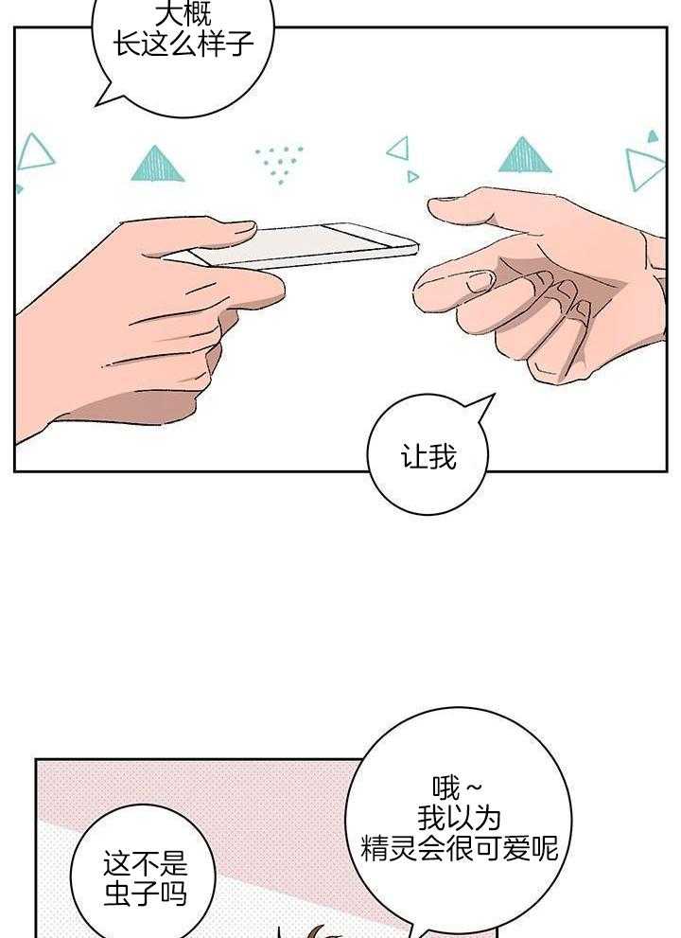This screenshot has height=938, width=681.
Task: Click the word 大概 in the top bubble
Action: [x=183, y=14]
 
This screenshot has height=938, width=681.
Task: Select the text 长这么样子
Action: [x=183, y=44]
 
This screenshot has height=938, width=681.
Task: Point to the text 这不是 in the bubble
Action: [x=146, y=864]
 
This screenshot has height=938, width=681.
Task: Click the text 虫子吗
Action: [x=146, y=894]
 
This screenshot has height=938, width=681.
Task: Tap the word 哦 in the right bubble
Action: [x=446, y=788]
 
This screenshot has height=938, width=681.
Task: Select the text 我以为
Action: [x=459, y=818]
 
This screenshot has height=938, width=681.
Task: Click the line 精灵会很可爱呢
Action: [x=459, y=848]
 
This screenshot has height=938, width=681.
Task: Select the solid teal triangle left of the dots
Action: [x=157, y=165]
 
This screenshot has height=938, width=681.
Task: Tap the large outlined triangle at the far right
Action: [x=643, y=168]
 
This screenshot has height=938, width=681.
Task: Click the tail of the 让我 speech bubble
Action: [x=481, y=406]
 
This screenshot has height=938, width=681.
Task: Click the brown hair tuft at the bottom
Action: [x=317, y=930]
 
